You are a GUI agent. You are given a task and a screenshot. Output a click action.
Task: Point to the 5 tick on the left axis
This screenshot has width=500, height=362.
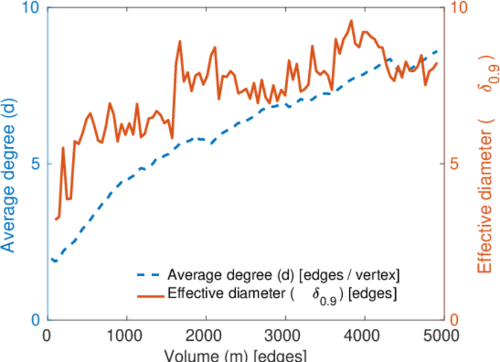click(35, 164)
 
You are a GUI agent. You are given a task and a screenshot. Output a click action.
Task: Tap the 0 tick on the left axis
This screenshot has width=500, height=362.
click(35, 320)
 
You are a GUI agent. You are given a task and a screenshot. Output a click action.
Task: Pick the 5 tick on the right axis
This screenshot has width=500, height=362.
click(455, 164)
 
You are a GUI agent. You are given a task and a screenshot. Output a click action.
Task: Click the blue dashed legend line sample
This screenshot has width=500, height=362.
click(148, 277)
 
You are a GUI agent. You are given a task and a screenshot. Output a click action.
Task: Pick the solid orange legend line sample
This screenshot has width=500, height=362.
click(148, 295)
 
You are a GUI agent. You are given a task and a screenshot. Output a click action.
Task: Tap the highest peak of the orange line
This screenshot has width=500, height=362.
click(351, 21)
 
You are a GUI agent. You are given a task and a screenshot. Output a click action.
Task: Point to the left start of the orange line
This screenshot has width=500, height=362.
click(55, 219)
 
